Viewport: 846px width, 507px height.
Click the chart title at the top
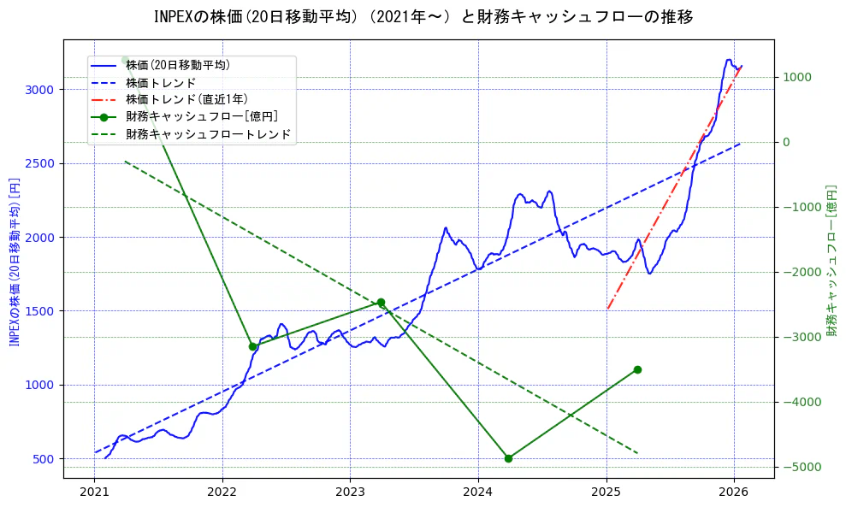(x=423, y=17)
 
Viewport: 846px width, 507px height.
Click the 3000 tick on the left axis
(x=41, y=90)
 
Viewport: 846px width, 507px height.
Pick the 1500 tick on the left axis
(x=41, y=311)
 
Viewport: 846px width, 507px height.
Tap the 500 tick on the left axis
(x=44, y=459)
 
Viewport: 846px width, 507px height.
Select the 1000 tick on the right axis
(x=797, y=77)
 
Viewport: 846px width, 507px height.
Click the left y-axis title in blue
(x=14, y=262)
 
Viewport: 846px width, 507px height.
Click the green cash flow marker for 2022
(x=253, y=346)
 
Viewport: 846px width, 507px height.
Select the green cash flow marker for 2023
(x=381, y=303)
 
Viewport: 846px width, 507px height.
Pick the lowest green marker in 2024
(x=508, y=458)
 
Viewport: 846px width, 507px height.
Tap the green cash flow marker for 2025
(x=637, y=369)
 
